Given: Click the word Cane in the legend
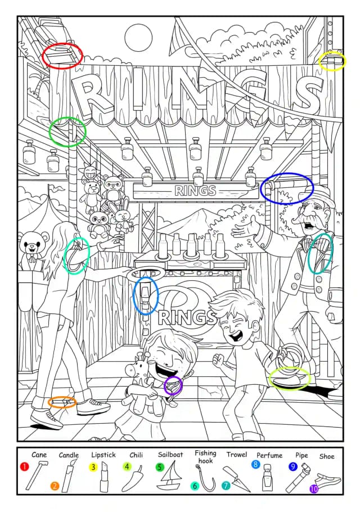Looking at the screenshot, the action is [39, 454].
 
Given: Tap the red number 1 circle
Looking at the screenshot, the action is [24, 466].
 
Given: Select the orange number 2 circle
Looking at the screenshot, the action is [55, 486].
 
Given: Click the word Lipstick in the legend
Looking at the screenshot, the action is [103, 455].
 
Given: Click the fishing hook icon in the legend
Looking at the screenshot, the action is [206, 477].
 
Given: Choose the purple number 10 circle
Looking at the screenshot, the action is [314, 489].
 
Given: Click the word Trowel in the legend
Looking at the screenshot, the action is [237, 454].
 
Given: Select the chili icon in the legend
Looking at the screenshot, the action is [133, 478].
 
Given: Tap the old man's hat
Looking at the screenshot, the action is [319, 194].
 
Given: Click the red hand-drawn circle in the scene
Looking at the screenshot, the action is [62, 56].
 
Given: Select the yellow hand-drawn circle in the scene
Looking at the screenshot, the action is [332, 61].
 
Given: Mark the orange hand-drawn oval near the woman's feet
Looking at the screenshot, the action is [62, 402].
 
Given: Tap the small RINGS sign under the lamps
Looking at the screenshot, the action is [195, 190].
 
